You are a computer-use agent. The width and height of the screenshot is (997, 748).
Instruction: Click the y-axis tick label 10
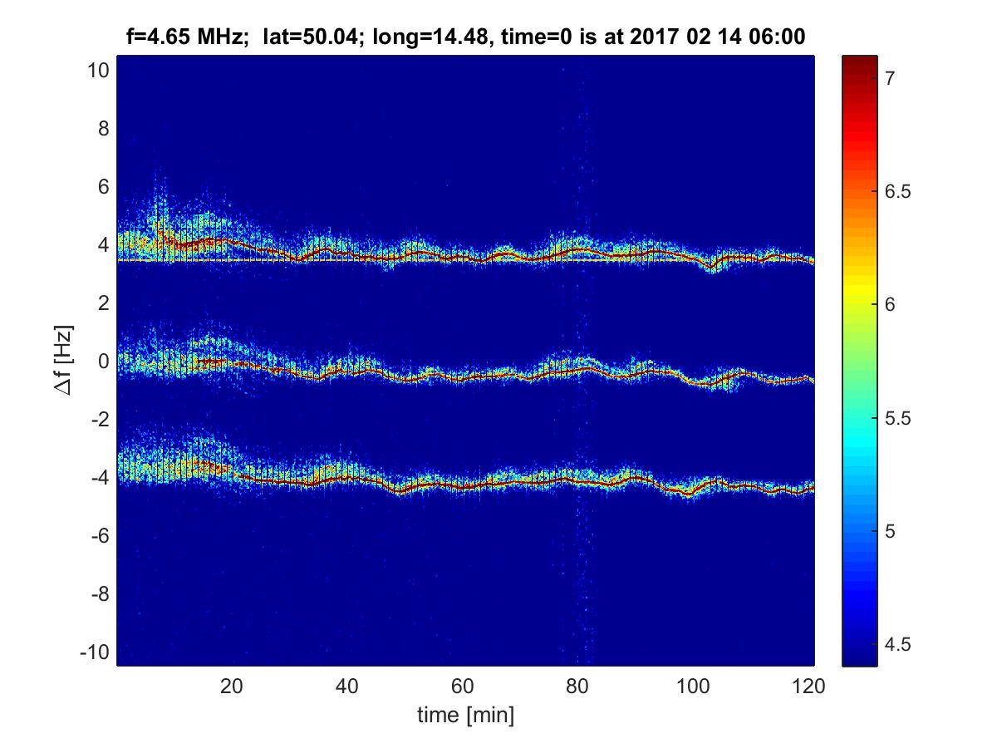tap(98, 71)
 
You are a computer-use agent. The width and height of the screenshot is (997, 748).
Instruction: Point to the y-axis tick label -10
tap(94, 652)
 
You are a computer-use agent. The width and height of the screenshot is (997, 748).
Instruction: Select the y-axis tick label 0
tap(103, 362)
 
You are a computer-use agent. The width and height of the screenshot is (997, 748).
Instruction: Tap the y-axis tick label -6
tap(98, 536)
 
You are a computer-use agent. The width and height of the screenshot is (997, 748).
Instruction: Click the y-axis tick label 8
tap(103, 129)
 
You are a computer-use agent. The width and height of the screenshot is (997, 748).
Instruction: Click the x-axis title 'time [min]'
tap(465, 715)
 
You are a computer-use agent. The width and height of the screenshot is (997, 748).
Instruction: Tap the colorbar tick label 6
tap(888, 304)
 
